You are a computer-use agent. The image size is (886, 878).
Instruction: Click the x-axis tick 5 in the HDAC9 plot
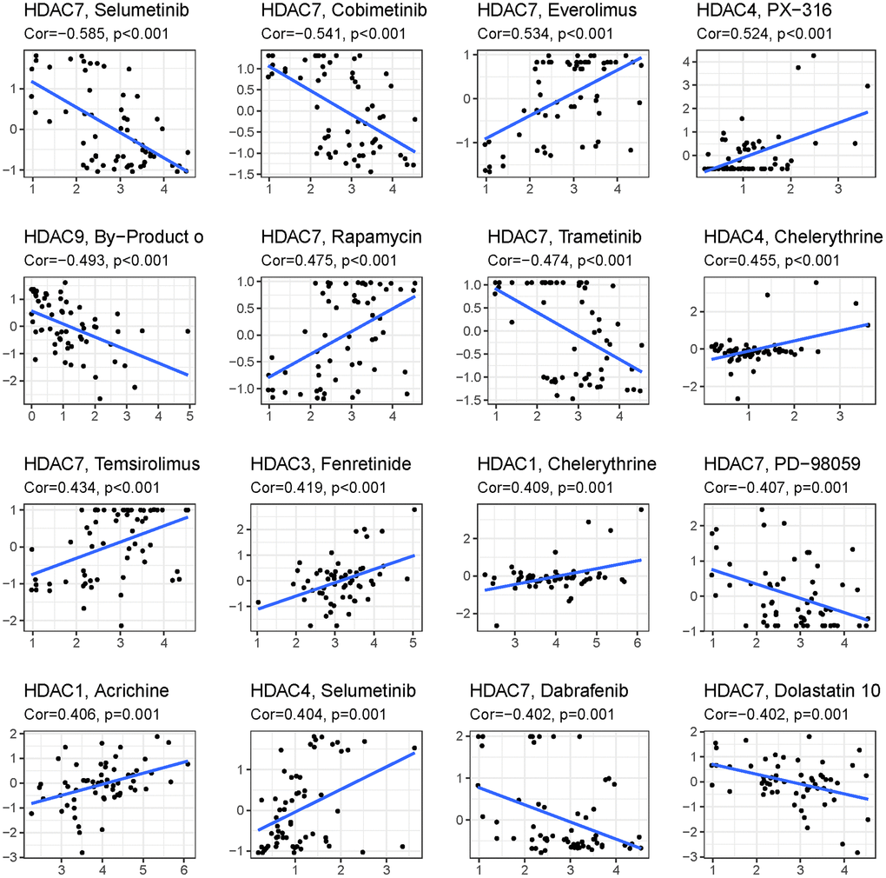[188, 417]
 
